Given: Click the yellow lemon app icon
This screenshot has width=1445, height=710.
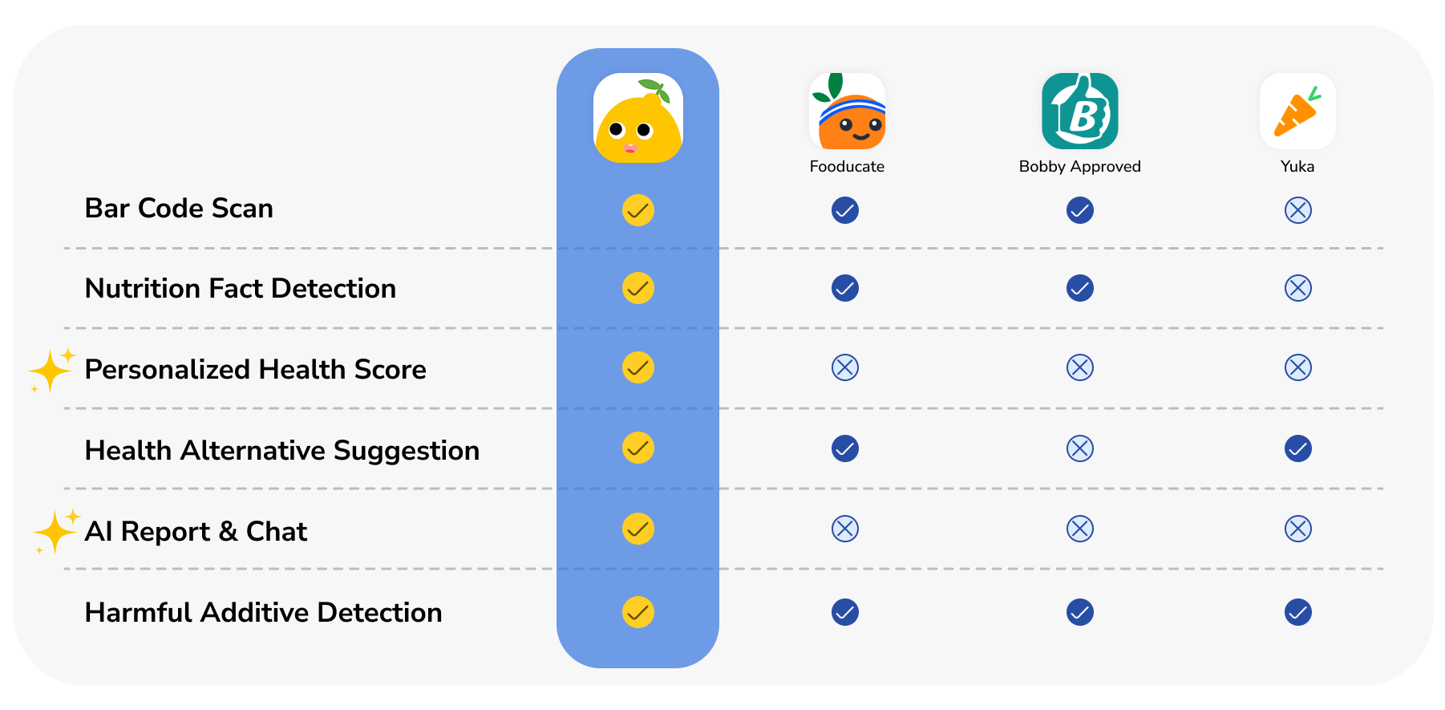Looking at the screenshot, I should [x=638, y=119].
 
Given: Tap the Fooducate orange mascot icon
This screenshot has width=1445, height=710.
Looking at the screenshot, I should [x=847, y=112].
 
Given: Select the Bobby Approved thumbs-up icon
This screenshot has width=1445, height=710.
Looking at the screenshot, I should [x=1079, y=112].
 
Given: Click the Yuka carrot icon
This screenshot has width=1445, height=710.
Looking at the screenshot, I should [x=1297, y=112].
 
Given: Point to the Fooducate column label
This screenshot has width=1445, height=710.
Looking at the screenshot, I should [x=847, y=167].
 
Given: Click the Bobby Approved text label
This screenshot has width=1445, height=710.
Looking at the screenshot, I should [x=1079, y=167].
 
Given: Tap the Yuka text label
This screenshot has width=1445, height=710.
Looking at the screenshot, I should [x=1297, y=167].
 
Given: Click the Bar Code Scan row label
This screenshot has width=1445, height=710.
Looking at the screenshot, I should [x=179, y=209].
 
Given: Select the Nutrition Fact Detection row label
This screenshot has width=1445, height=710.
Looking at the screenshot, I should [x=241, y=289].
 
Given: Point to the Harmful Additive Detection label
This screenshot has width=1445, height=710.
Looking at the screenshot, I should [x=263, y=613].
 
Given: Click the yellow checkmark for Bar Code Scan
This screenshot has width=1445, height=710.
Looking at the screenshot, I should [x=638, y=210].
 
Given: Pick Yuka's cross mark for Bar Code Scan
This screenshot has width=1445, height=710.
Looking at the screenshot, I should [x=1297, y=210].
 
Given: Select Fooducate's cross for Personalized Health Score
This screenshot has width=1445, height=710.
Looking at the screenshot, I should [x=845, y=367].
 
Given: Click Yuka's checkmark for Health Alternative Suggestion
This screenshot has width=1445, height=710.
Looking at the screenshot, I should [x=1297, y=448].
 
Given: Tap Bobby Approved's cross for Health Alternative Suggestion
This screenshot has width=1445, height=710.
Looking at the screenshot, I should [x=1079, y=448].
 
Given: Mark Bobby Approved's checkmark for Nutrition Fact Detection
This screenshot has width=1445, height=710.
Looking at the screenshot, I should [x=1079, y=288].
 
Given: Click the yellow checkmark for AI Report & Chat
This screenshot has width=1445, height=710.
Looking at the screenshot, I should [x=638, y=529].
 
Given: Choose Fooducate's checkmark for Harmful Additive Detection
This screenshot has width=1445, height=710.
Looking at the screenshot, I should [x=845, y=612].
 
